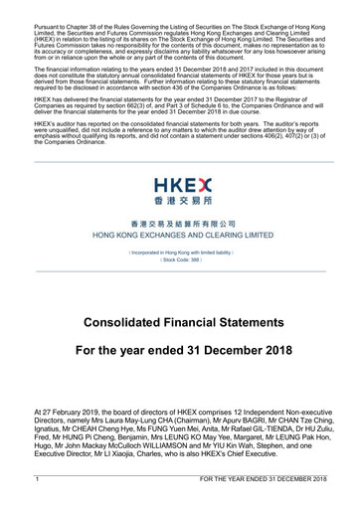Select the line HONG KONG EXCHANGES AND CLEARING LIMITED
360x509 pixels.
click(x=180, y=237)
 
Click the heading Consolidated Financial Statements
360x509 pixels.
click(x=180, y=324)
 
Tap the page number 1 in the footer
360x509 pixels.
click(x=36, y=480)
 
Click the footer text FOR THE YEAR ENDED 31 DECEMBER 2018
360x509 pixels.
click(x=263, y=480)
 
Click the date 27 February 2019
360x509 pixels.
click(x=73, y=409)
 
